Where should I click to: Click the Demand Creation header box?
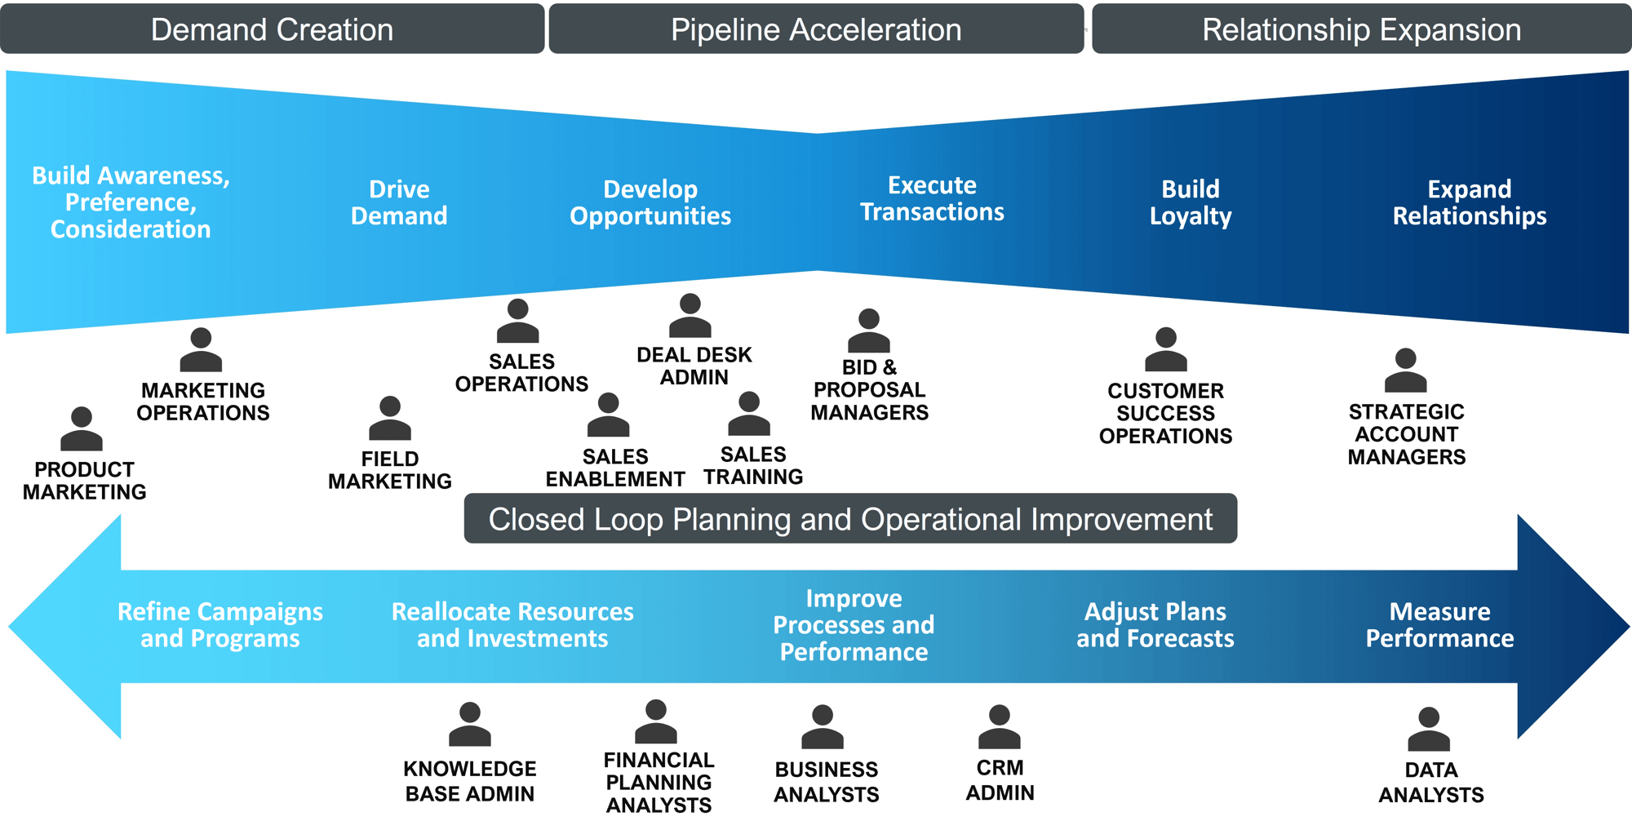point(272,29)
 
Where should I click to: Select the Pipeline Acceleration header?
point(816,29)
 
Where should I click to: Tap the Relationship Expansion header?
point(1361,29)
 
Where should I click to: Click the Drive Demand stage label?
point(399,202)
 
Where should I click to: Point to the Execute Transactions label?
point(932,198)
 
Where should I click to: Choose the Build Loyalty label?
point(1191,202)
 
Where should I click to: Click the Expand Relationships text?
point(1469,202)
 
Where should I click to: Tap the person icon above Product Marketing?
point(82,429)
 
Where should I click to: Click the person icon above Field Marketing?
point(390,419)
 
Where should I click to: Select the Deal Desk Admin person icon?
point(690,316)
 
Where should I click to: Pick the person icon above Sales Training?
point(749,414)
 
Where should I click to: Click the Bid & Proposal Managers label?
point(869,390)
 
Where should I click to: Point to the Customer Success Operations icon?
point(1166,350)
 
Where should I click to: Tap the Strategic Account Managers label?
point(1406,434)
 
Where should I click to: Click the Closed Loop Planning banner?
point(850,519)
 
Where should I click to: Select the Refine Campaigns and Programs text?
point(220,625)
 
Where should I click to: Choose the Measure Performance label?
point(1439,625)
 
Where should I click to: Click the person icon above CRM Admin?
point(1000,727)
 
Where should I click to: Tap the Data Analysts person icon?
point(1429,730)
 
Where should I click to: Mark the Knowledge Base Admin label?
point(470,780)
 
